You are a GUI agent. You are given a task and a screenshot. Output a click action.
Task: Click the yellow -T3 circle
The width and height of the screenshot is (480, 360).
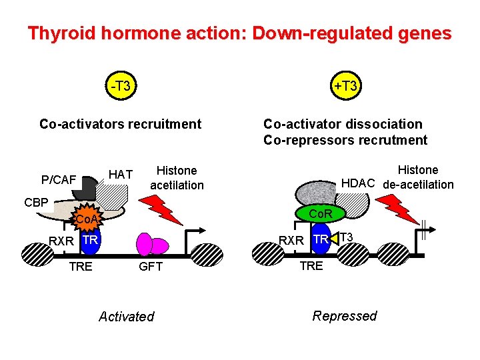click(x=120, y=86)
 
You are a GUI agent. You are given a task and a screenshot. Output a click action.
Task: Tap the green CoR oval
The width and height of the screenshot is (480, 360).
click(x=324, y=213)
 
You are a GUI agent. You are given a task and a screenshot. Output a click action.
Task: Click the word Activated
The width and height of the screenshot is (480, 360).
click(x=126, y=317)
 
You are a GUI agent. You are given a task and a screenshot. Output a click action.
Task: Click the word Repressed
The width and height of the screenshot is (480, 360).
click(x=344, y=316)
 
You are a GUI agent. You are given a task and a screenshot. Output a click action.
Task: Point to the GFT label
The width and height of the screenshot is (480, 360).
click(x=150, y=266)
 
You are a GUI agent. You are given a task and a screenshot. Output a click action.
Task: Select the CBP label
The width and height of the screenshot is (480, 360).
click(x=36, y=202)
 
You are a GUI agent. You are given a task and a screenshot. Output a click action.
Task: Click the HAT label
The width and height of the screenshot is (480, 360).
click(x=121, y=175)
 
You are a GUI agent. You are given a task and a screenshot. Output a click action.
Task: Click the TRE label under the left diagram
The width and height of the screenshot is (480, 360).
click(x=81, y=266)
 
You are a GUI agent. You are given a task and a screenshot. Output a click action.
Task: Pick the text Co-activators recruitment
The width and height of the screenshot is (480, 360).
click(x=120, y=124)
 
